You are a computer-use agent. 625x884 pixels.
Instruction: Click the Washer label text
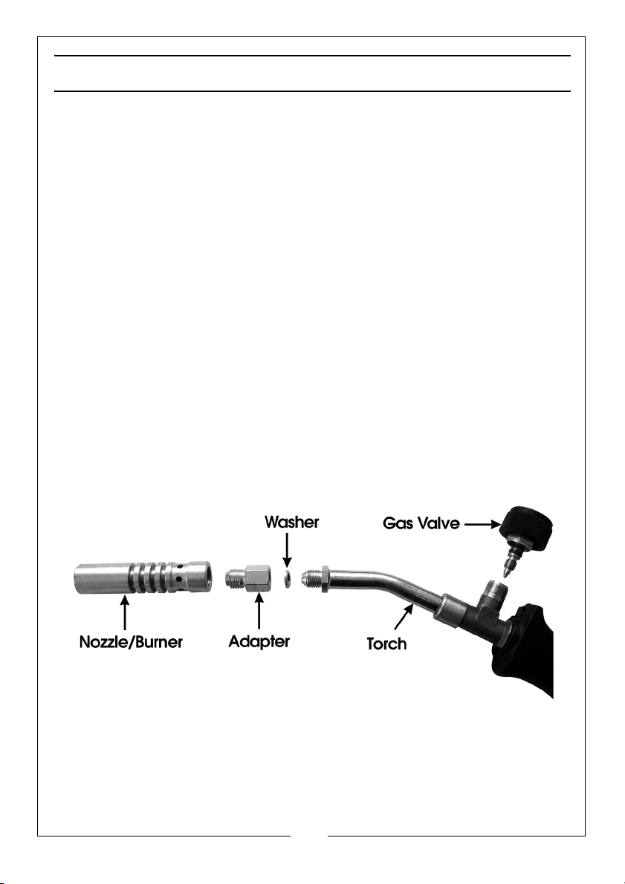tap(292, 522)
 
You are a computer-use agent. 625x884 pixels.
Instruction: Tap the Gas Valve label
tap(421, 523)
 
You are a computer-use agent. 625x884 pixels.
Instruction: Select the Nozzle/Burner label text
tap(131, 641)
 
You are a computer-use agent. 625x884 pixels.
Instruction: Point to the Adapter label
tap(259, 641)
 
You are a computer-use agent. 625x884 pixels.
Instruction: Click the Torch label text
tap(386, 644)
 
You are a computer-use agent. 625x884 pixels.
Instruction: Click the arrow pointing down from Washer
tap(288, 550)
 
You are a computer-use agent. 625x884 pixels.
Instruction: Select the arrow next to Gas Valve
tap(483, 524)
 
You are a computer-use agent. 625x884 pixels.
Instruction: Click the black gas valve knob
tap(528, 528)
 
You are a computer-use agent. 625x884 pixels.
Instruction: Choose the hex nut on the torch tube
tap(326, 578)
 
